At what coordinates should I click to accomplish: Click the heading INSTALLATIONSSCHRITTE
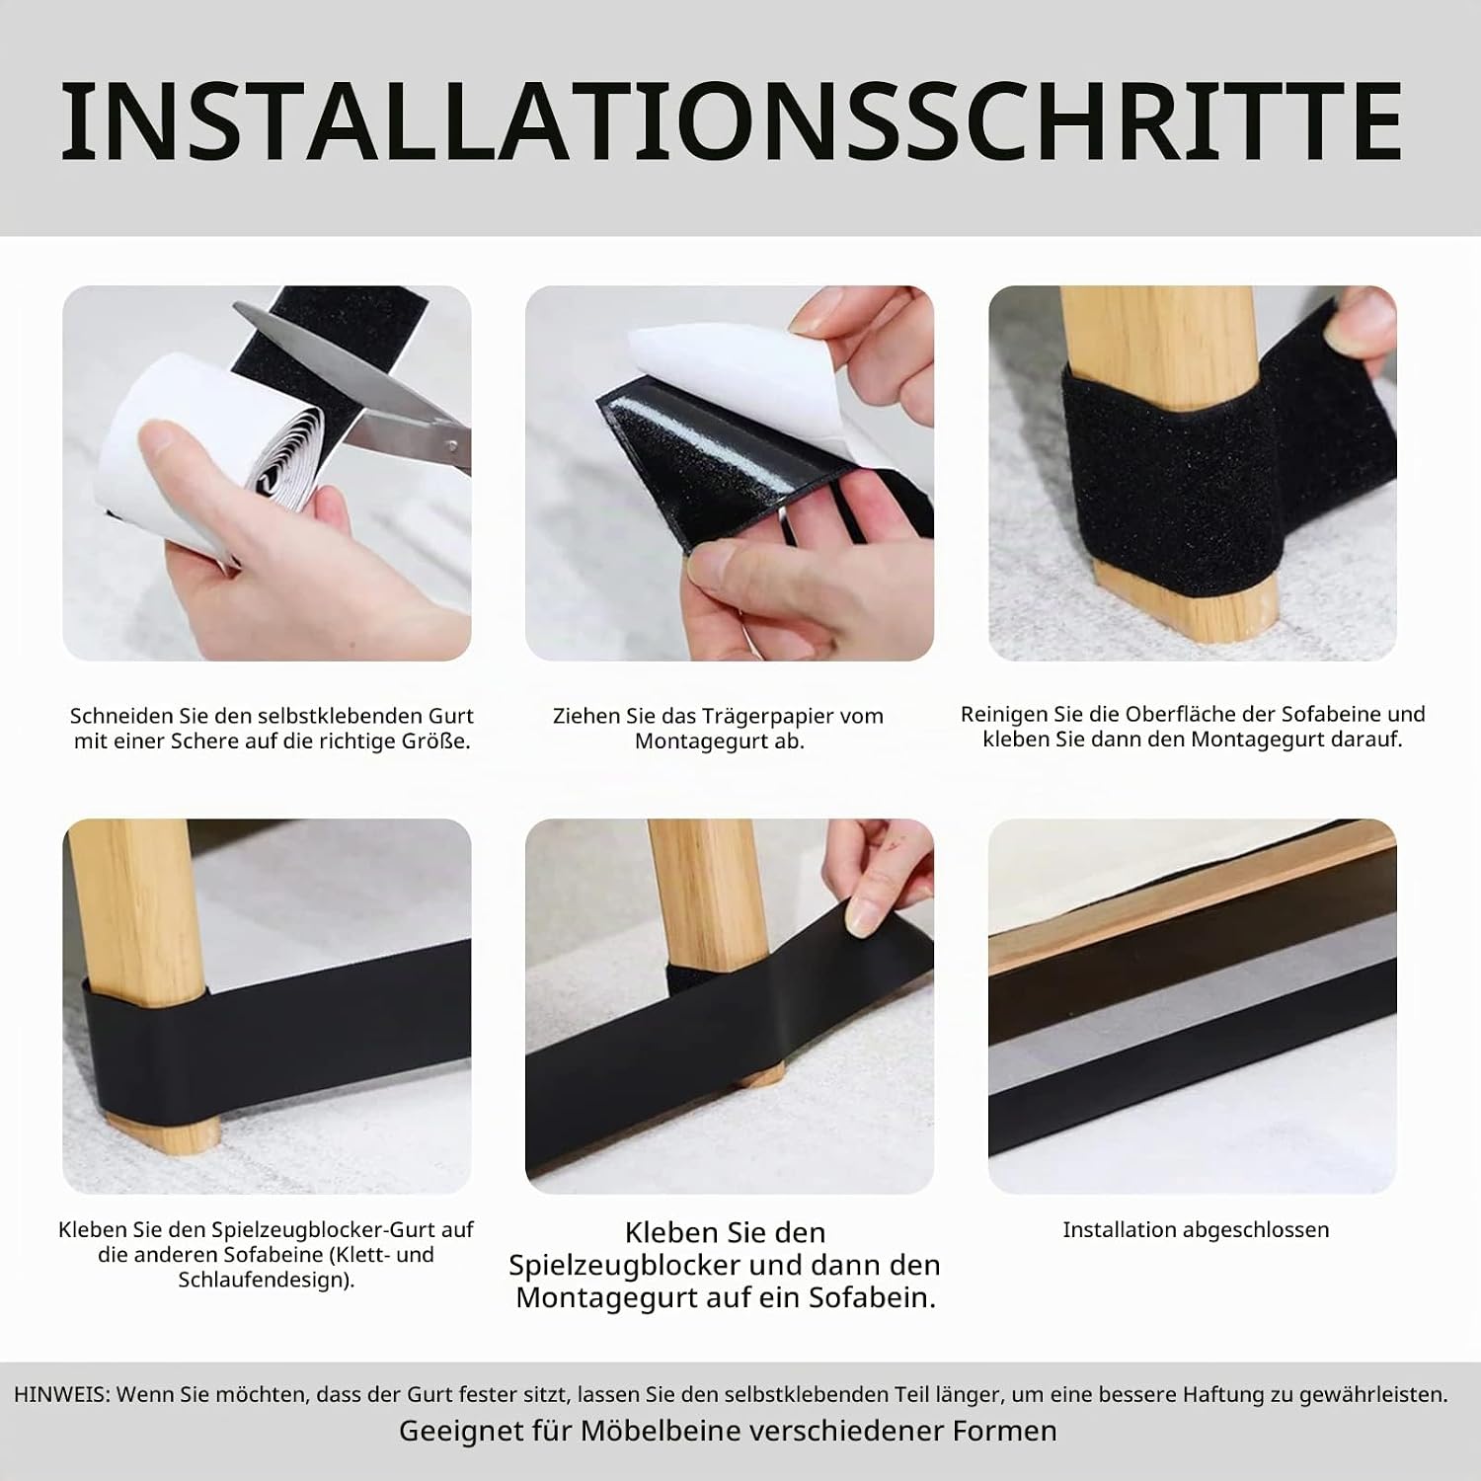(x=732, y=122)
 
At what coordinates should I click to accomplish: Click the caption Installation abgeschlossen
(x=1196, y=1229)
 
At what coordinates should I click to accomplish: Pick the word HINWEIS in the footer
(x=60, y=1395)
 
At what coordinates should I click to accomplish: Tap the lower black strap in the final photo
(x=1192, y=1113)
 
